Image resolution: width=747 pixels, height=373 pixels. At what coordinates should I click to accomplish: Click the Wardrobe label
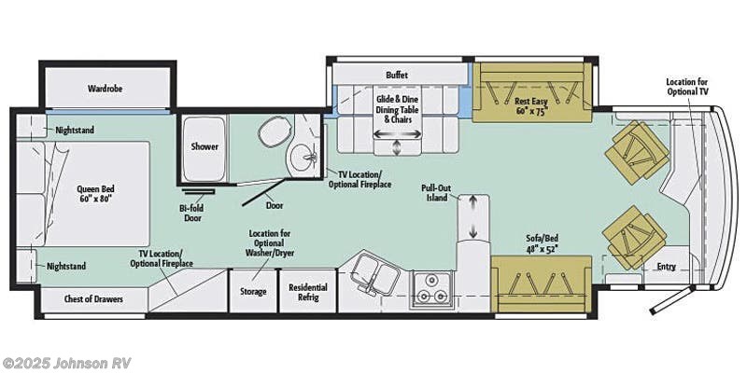coord(106,89)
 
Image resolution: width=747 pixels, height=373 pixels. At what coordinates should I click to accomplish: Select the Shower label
coord(204,146)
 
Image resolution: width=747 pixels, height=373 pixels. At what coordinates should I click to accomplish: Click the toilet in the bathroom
coord(270,136)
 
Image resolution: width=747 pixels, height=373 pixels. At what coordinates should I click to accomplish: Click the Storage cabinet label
coord(253,292)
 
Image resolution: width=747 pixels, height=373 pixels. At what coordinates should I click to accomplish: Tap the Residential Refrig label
coord(307,292)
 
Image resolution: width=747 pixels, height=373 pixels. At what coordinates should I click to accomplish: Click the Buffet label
coord(398,75)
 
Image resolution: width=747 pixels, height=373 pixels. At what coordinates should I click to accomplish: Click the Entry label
coord(666,267)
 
